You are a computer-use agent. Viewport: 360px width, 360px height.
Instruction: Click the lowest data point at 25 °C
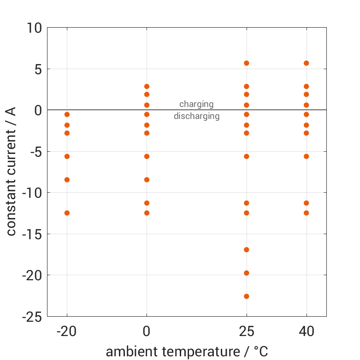click(247, 296)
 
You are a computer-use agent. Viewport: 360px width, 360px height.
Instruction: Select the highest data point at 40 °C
click(306, 63)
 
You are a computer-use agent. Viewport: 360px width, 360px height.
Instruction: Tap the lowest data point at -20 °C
click(67, 213)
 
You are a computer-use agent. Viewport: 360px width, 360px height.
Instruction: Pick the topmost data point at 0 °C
click(147, 87)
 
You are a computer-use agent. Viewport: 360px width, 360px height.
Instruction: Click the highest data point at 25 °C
click(247, 63)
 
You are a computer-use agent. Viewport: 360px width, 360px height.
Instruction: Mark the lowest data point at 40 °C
click(306, 213)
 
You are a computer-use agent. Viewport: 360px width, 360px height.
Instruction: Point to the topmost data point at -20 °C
click(67, 114)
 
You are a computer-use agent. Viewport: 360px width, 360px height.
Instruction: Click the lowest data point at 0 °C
click(147, 213)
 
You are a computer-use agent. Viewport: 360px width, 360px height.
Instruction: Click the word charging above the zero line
click(196, 104)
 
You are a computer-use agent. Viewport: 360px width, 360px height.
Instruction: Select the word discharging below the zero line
click(196, 116)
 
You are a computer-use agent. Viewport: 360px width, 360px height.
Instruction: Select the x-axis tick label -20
click(67, 331)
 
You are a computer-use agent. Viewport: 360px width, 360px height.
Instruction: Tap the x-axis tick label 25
click(247, 331)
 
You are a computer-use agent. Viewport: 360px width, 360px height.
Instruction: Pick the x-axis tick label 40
click(306, 331)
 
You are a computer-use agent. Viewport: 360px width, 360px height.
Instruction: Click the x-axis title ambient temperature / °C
click(187, 352)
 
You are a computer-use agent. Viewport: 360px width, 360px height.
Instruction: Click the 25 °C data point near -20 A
click(247, 273)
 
